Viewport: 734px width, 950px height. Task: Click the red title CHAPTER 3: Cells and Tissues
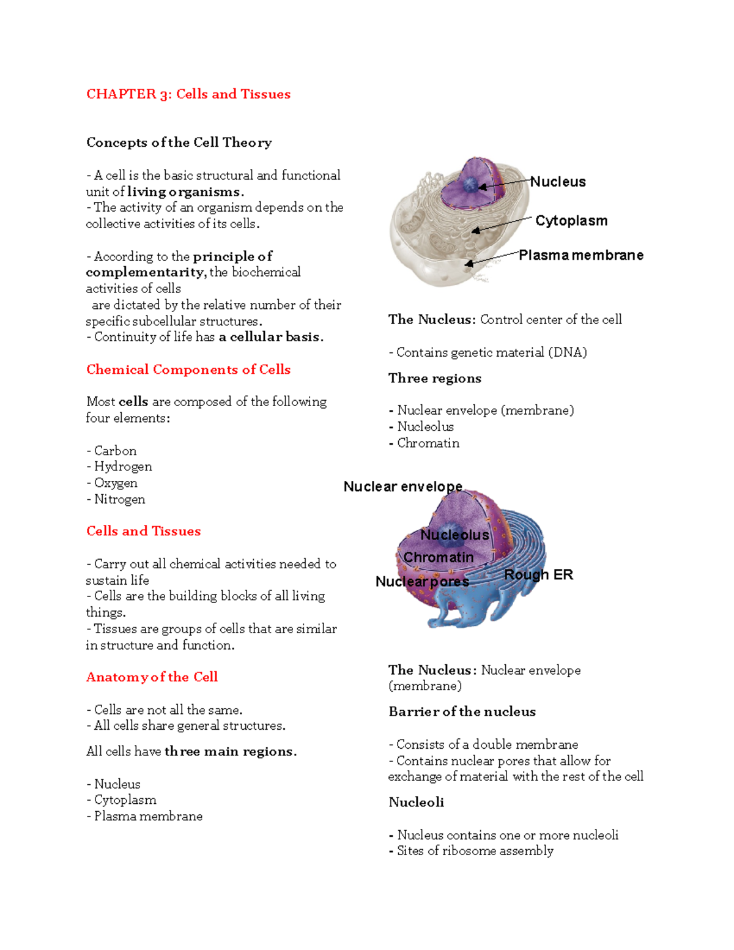[x=188, y=94]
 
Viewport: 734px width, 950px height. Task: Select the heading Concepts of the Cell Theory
[x=179, y=143]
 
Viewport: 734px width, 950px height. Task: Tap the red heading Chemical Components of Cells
[x=188, y=369]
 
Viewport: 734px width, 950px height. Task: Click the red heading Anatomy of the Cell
[x=152, y=677]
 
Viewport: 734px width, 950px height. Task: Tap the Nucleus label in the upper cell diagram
[x=558, y=182]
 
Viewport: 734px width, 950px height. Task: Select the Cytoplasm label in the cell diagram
[x=571, y=221]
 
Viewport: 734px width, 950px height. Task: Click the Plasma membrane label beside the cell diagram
[x=581, y=255]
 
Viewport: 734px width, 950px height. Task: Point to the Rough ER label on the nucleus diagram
[x=538, y=575]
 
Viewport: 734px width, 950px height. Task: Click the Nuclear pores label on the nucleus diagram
[x=422, y=582]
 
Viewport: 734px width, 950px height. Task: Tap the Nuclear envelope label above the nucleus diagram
[x=403, y=487]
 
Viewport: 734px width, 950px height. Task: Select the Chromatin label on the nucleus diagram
[x=439, y=558]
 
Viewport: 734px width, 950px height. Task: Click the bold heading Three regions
[x=435, y=379]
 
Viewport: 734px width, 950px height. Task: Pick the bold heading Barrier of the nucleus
[x=462, y=712]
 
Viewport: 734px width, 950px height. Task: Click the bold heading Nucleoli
[x=417, y=803]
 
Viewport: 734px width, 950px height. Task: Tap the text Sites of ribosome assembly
[x=475, y=851]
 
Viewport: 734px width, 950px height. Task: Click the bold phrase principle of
[x=232, y=256]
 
